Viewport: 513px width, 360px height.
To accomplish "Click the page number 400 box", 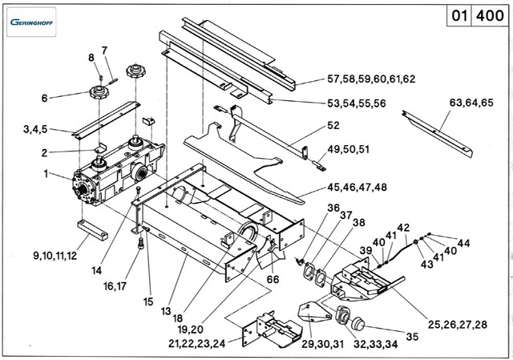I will (489, 16).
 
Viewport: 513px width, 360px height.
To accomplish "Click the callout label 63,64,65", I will (473, 103).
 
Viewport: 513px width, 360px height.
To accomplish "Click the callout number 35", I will (412, 336).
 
